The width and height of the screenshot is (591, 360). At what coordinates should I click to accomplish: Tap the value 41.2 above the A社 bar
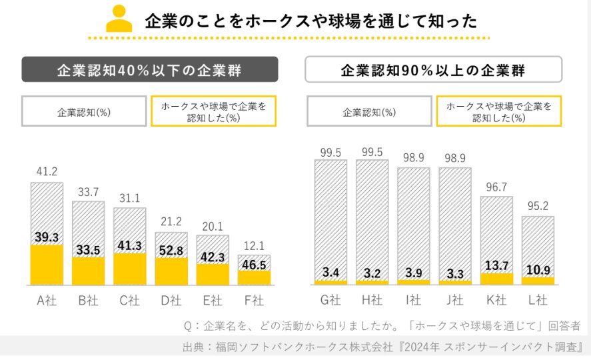(x=46, y=172)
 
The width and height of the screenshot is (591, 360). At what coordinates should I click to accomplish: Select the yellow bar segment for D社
(x=171, y=271)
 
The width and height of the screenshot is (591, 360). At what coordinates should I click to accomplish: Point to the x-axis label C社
(x=129, y=301)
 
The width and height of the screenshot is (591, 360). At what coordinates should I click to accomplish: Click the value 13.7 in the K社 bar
(x=496, y=266)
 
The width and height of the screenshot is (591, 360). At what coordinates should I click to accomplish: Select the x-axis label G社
(x=331, y=301)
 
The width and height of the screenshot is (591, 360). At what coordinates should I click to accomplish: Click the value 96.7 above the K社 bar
(x=496, y=187)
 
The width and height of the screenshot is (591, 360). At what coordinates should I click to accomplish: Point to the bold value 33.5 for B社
(x=88, y=251)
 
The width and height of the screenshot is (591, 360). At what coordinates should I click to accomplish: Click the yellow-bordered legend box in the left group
(x=214, y=111)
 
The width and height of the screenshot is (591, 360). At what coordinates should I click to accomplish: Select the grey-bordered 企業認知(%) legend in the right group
(x=369, y=111)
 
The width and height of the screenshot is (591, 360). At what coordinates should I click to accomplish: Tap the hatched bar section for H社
(x=372, y=213)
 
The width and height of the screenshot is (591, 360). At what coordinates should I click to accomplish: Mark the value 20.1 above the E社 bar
(x=213, y=225)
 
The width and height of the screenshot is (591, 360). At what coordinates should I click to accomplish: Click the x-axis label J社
(x=455, y=301)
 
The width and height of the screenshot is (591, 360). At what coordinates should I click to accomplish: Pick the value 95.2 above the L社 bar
(x=538, y=206)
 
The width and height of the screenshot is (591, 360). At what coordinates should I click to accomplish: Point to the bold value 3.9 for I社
(x=414, y=272)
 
